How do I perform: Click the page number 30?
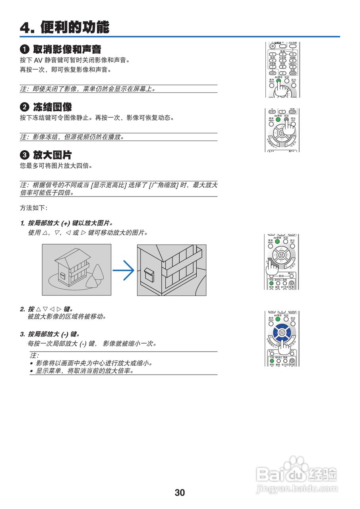(x=180, y=493)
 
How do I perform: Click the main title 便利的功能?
(x=74, y=27)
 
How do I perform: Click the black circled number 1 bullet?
(x=25, y=50)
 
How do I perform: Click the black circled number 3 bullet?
(x=25, y=155)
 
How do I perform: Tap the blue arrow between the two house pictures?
(x=124, y=270)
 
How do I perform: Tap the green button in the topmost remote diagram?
(x=279, y=80)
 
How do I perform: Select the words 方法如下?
(x=33, y=208)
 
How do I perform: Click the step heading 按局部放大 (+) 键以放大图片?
(x=70, y=223)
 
